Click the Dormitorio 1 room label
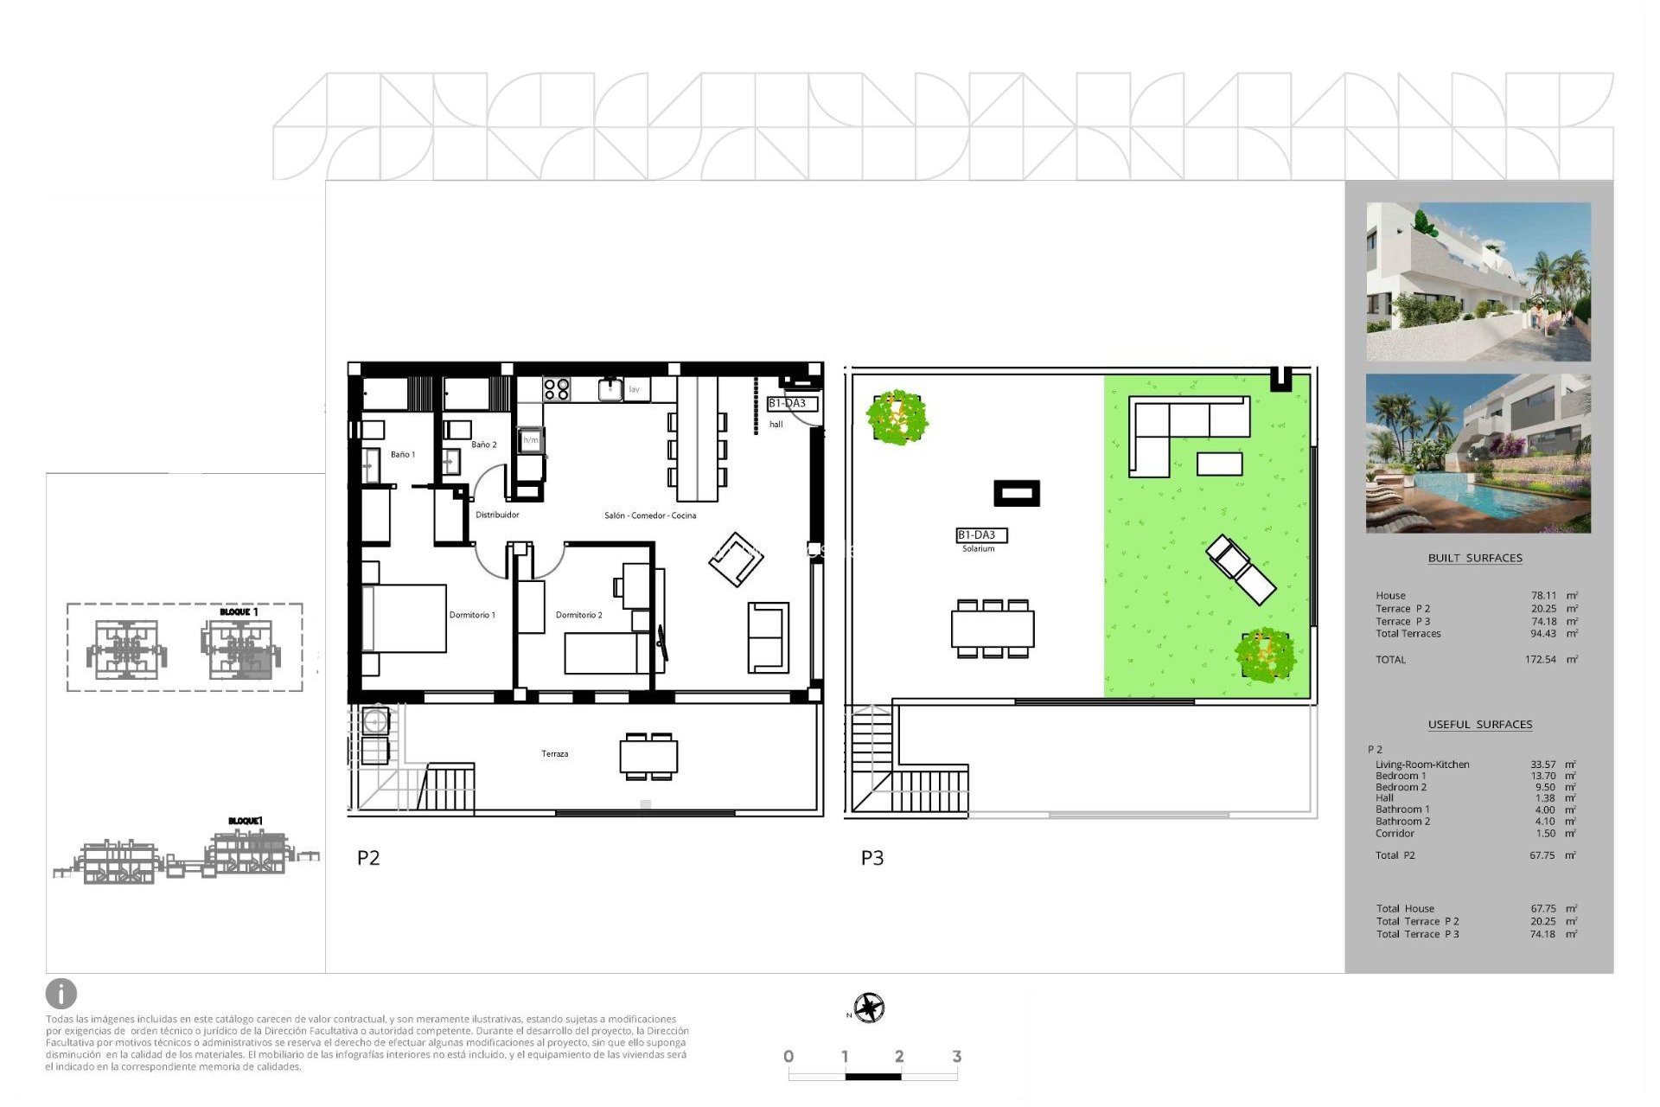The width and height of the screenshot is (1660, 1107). pos(472,615)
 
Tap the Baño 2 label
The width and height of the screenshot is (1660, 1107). pos(483,445)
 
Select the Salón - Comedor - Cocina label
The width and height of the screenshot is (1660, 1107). pos(649,515)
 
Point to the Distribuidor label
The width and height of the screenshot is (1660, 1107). pos(497,515)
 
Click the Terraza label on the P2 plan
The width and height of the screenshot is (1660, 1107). pos(554,754)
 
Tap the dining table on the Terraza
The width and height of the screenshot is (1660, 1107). pos(648,757)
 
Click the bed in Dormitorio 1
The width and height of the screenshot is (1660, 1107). pos(405,618)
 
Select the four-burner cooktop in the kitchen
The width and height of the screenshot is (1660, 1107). pos(557,389)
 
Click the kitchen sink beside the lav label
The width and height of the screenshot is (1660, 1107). pos(610,389)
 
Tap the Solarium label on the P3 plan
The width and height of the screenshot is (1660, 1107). pos(978,548)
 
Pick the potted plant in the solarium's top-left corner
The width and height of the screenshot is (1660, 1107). pos(897,417)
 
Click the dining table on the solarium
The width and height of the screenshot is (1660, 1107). pos(993,629)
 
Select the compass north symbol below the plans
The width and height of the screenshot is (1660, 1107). pos(869,1008)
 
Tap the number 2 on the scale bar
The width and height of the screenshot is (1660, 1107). pos(899,1056)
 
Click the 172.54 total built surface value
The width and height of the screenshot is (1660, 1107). pos(1540,659)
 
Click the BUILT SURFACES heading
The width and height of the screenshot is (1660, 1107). pos(1475,558)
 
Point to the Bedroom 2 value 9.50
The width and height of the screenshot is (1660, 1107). pos(1544,787)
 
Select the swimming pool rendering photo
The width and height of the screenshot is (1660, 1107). pos(1478,453)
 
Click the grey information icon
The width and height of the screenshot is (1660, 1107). pos(61,994)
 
